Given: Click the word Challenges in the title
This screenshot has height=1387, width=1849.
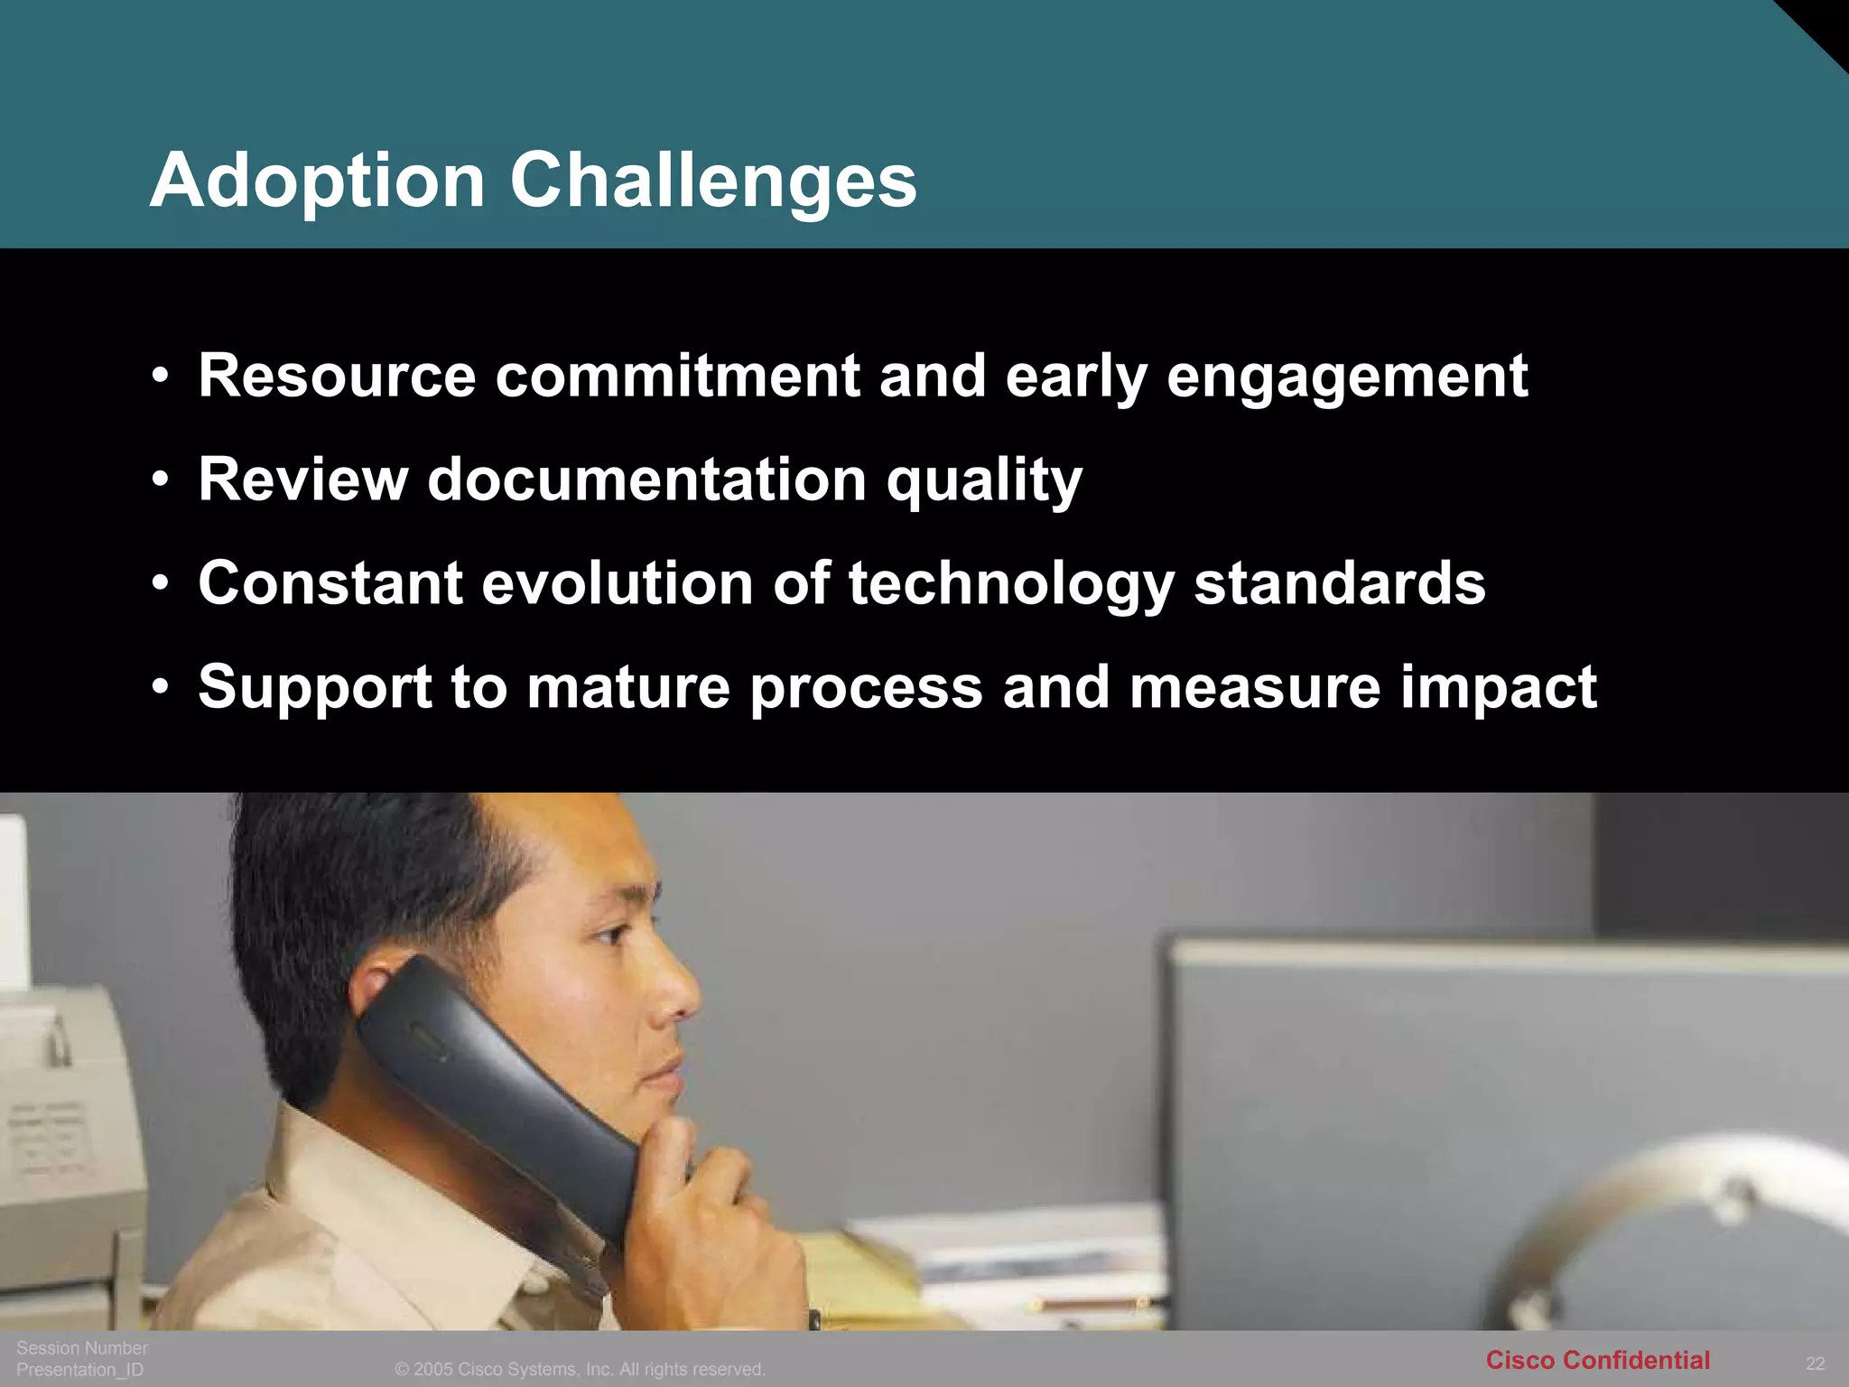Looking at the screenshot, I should (x=713, y=181).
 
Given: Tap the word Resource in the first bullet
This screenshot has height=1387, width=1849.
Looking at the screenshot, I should (x=337, y=376).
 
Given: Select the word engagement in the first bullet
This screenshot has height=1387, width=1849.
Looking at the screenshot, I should (x=1347, y=377).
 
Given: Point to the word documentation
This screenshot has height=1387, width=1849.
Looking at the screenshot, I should (x=646, y=479).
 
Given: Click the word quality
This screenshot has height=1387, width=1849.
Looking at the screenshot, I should (x=983, y=481).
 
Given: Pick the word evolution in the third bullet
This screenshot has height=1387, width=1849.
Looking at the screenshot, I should (x=618, y=583).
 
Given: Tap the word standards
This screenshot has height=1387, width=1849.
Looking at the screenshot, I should (x=1340, y=583).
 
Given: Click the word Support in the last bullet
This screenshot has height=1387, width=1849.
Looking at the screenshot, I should (x=315, y=688).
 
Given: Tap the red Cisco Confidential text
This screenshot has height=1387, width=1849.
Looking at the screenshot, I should (x=1597, y=1360).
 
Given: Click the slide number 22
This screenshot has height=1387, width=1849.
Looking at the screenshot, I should (x=1815, y=1364).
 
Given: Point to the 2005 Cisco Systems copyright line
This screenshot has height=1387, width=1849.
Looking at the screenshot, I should (x=580, y=1369).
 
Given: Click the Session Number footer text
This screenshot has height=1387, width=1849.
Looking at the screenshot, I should (x=81, y=1347).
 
